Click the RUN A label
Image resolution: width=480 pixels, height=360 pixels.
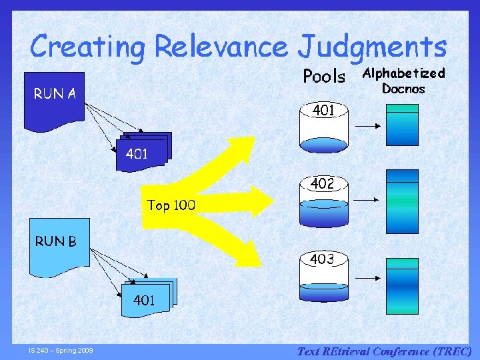[55, 94]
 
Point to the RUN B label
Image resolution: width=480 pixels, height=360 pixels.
[55, 241]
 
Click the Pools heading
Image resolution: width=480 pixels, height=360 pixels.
[324, 76]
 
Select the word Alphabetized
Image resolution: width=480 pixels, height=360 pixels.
[403, 73]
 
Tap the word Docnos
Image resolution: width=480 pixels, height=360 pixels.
[403, 89]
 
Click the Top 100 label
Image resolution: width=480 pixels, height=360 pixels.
[171, 205]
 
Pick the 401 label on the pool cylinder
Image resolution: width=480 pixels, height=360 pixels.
[323, 111]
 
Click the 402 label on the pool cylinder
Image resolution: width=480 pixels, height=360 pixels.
[323, 184]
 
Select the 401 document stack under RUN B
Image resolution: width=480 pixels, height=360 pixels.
[147, 296]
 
